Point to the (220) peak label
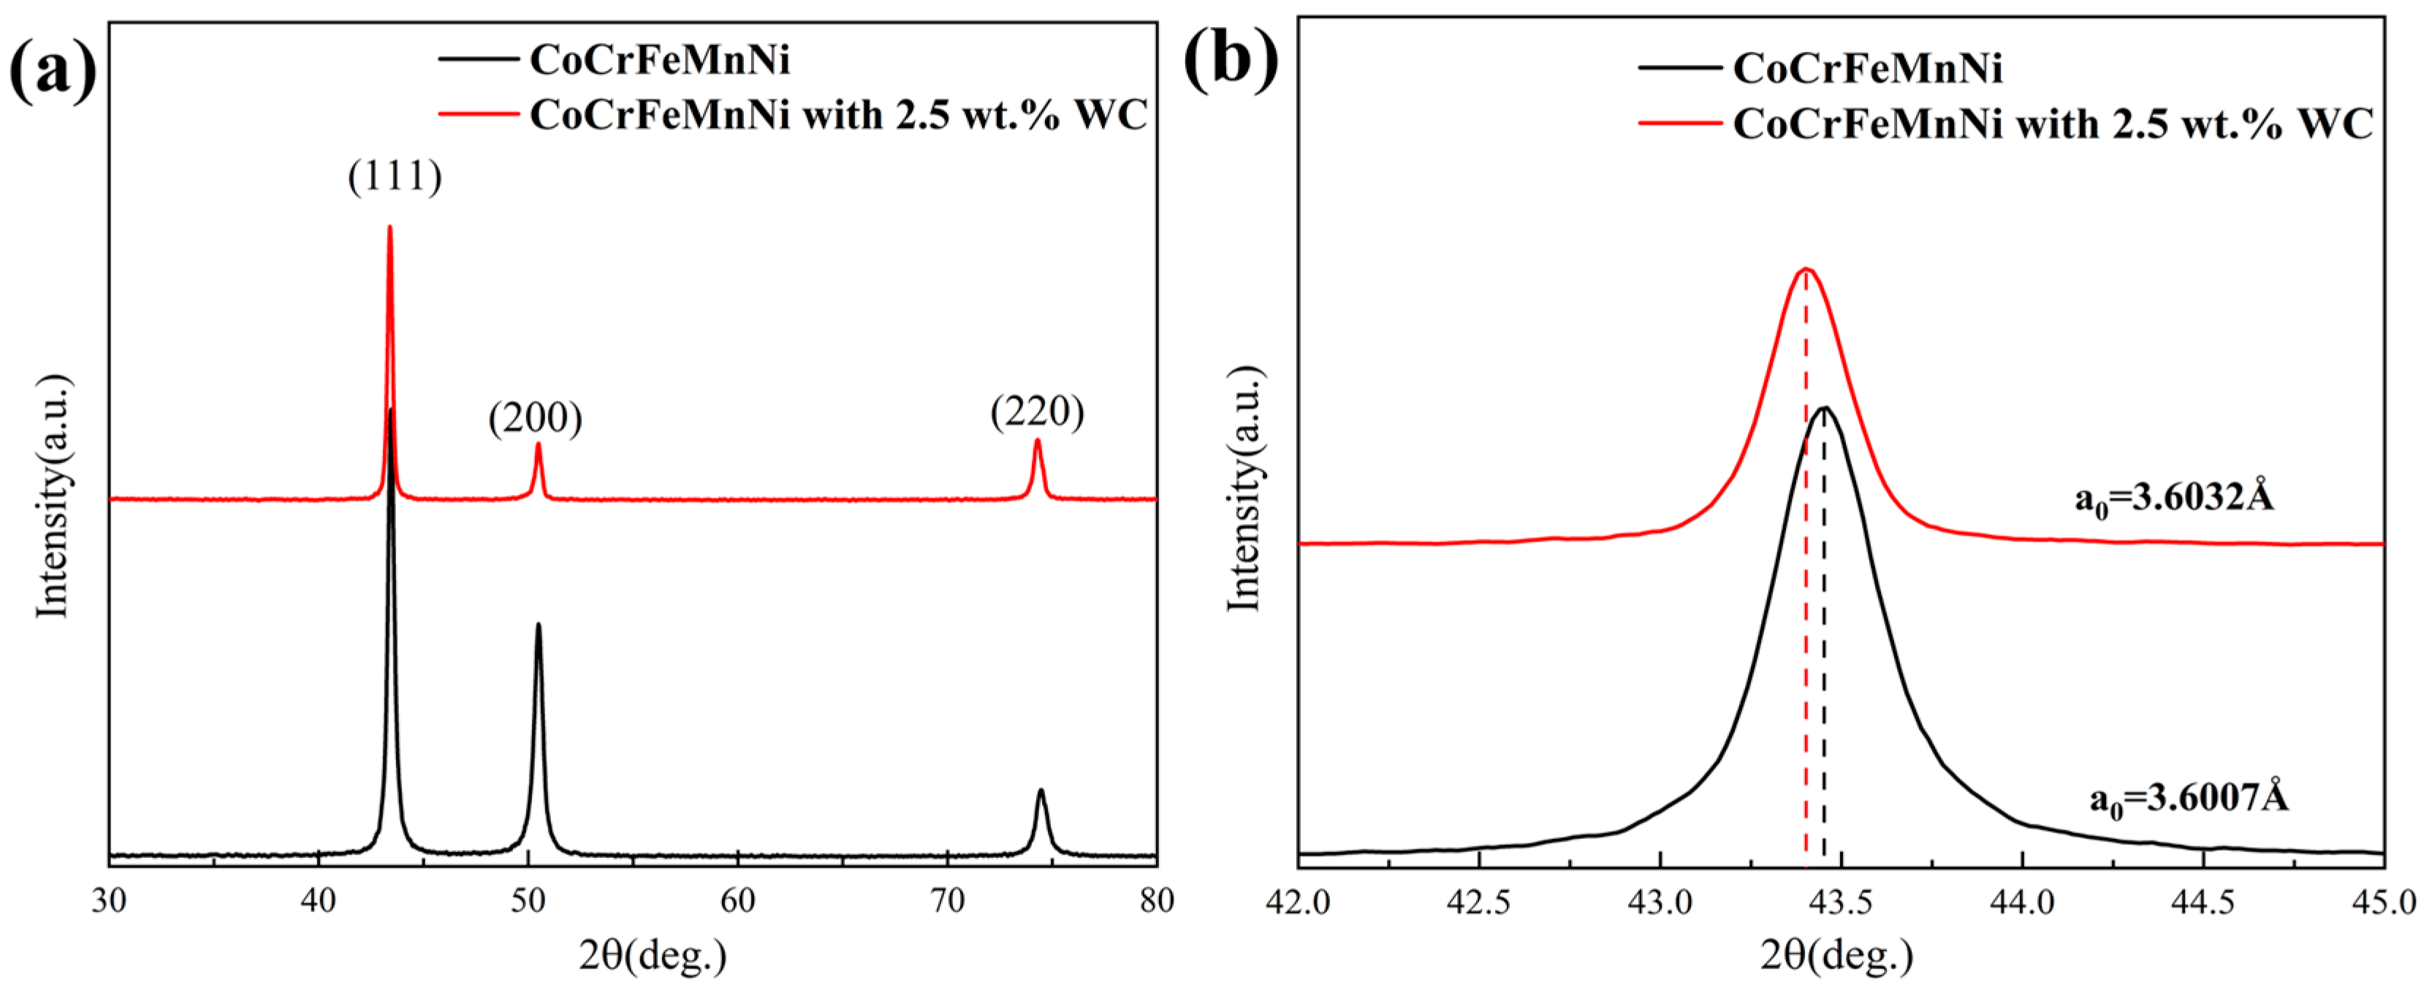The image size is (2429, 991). [1037, 411]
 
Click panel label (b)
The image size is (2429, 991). [1231, 62]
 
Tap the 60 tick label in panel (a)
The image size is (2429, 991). [737, 900]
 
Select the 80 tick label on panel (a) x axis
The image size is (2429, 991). [1156, 900]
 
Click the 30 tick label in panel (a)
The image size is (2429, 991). [110, 900]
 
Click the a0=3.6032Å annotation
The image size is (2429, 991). [2173, 496]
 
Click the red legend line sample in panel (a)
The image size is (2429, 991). [478, 115]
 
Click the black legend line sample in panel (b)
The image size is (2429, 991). [1679, 68]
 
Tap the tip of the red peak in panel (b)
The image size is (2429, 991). [1806, 270]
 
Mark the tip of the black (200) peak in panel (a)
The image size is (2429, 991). [539, 624]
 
